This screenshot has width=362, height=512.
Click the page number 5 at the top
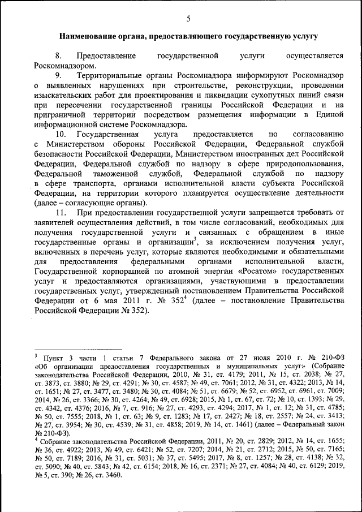point(188,19)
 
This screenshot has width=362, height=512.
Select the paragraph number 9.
point(58,75)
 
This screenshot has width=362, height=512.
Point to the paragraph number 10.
point(61,134)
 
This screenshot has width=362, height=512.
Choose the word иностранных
point(273,154)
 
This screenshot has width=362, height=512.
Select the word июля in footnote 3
point(264,358)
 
